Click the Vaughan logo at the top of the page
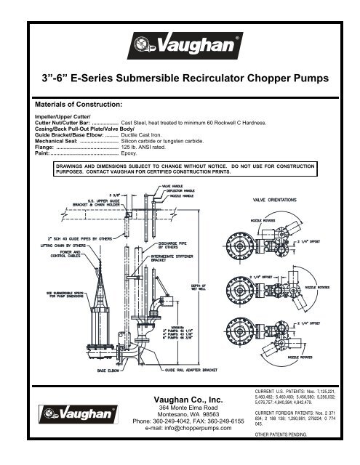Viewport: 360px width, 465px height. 180,47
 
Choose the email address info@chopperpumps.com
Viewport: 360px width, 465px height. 180,428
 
